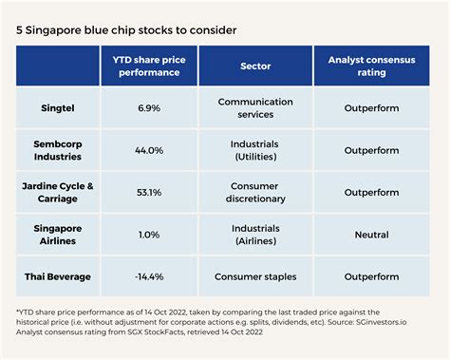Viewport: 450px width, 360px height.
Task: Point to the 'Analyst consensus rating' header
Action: point(366,66)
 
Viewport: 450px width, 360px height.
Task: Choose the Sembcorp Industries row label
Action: point(60,150)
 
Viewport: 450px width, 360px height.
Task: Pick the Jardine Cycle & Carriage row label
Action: point(60,193)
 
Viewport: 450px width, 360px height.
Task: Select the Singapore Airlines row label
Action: point(60,235)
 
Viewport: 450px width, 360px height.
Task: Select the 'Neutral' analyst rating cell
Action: point(366,235)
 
